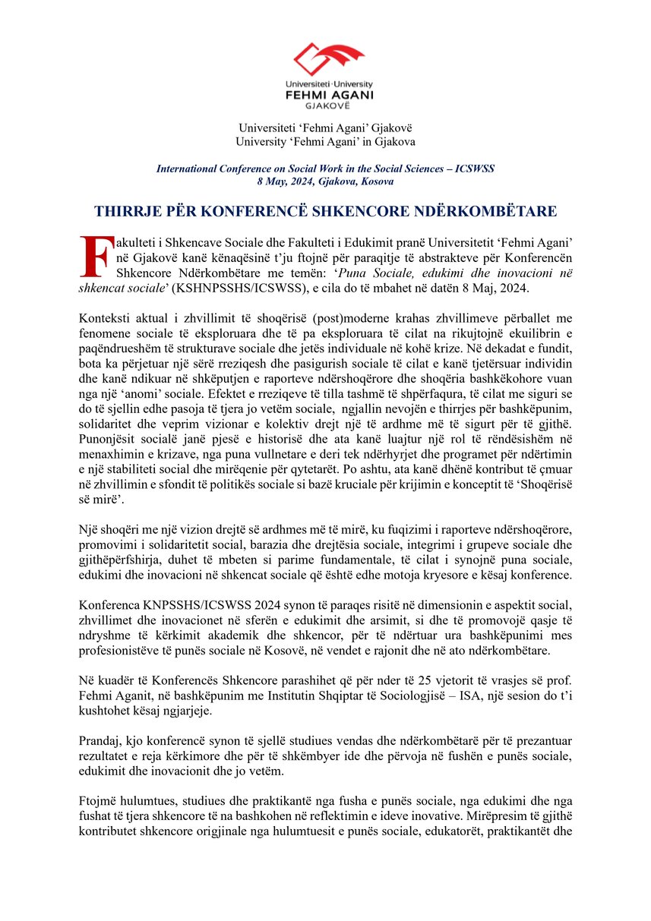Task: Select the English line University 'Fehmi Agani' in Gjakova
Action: coord(325,141)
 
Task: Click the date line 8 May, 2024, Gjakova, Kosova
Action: coord(325,181)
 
